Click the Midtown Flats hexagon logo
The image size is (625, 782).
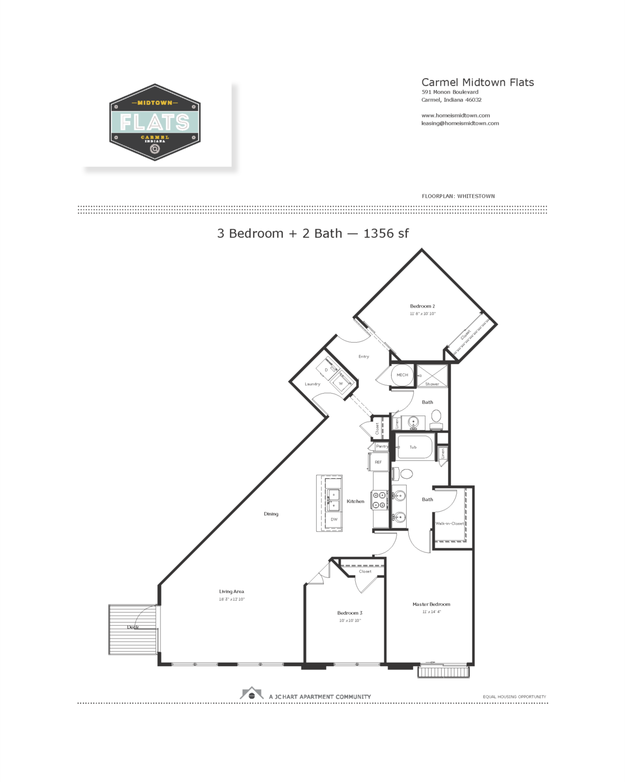click(x=155, y=123)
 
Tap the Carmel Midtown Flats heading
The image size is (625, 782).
click(x=477, y=82)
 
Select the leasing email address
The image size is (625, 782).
click(x=460, y=124)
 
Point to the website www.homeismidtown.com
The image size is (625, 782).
click(x=455, y=116)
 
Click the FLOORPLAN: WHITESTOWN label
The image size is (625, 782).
click(x=458, y=197)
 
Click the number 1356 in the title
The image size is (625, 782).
click(x=379, y=234)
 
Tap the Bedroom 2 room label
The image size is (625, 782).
click(x=422, y=307)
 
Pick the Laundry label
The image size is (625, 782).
click(x=312, y=384)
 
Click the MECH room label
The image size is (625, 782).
click(x=402, y=375)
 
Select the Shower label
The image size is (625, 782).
click(x=432, y=384)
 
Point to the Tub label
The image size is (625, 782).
click(x=413, y=447)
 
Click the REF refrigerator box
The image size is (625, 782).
click(x=378, y=462)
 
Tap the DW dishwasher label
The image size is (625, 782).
click(x=334, y=520)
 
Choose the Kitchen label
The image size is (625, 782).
click(x=355, y=502)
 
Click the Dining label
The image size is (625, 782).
click(x=271, y=514)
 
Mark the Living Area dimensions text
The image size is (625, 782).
click(x=231, y=600)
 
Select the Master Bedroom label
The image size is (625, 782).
click(x=431, y=605)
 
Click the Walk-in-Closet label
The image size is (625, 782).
click(x=449, y=523)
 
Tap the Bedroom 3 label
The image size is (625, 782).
click(x=349, y=613)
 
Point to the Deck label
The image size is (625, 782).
click(x=133, y=627)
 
